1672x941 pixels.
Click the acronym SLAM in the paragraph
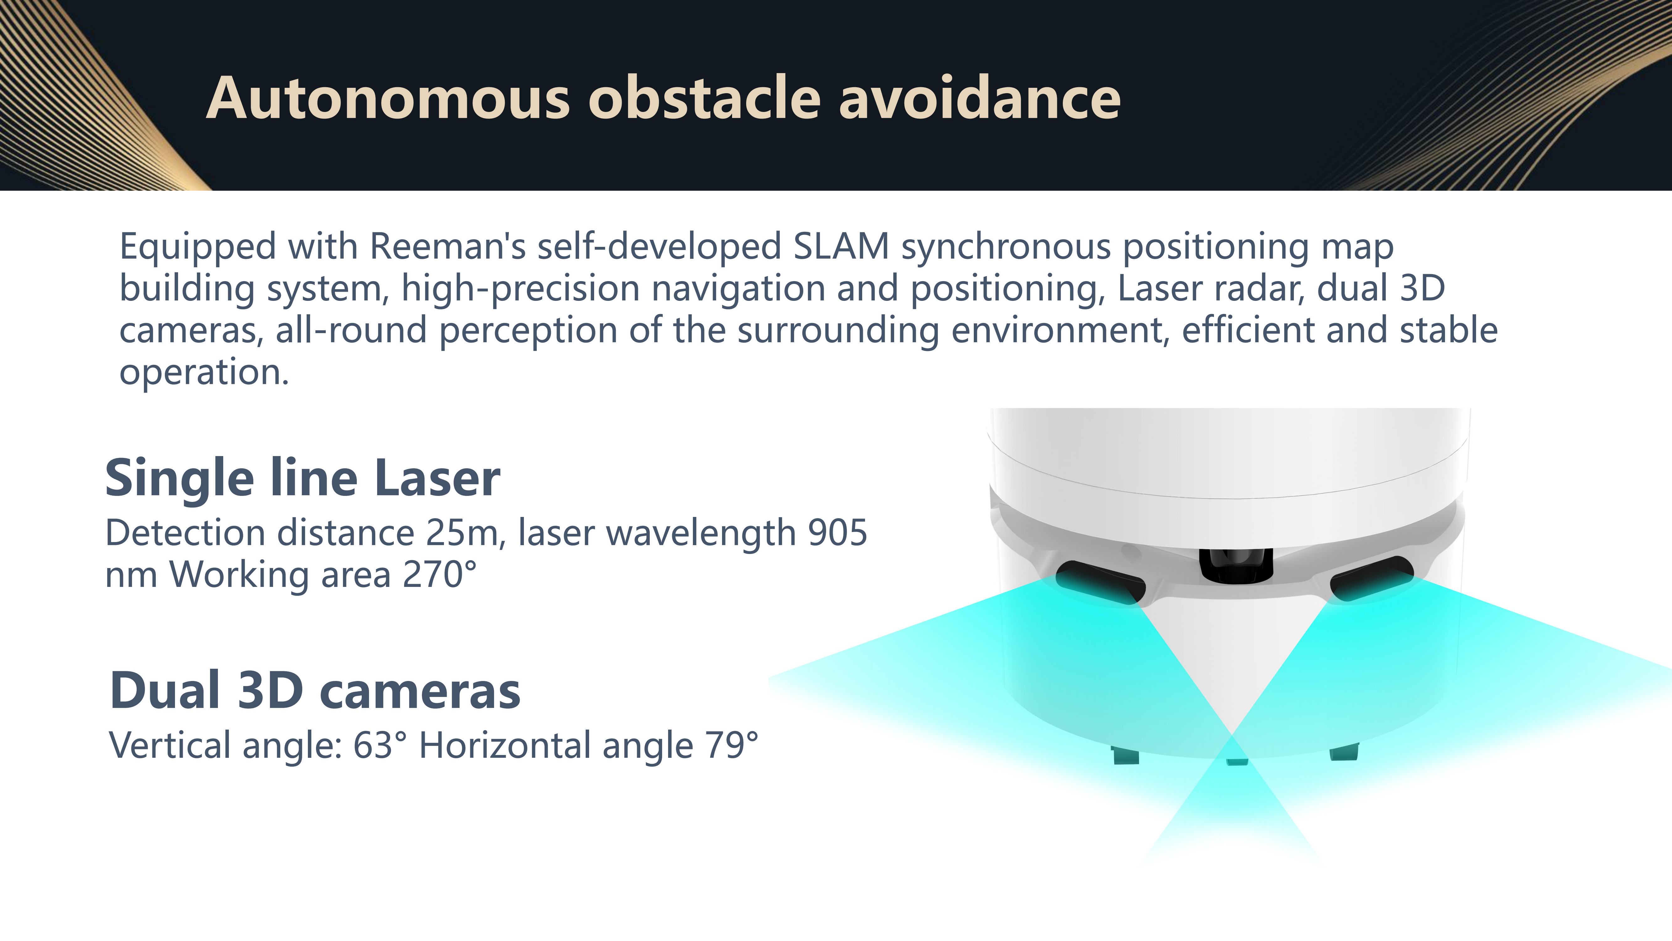[841, 247]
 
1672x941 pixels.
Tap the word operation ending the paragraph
[204, 373]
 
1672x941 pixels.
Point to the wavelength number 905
[837, 533]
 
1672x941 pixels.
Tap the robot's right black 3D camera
[1371, 578]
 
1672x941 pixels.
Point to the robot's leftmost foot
[1126, 755]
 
